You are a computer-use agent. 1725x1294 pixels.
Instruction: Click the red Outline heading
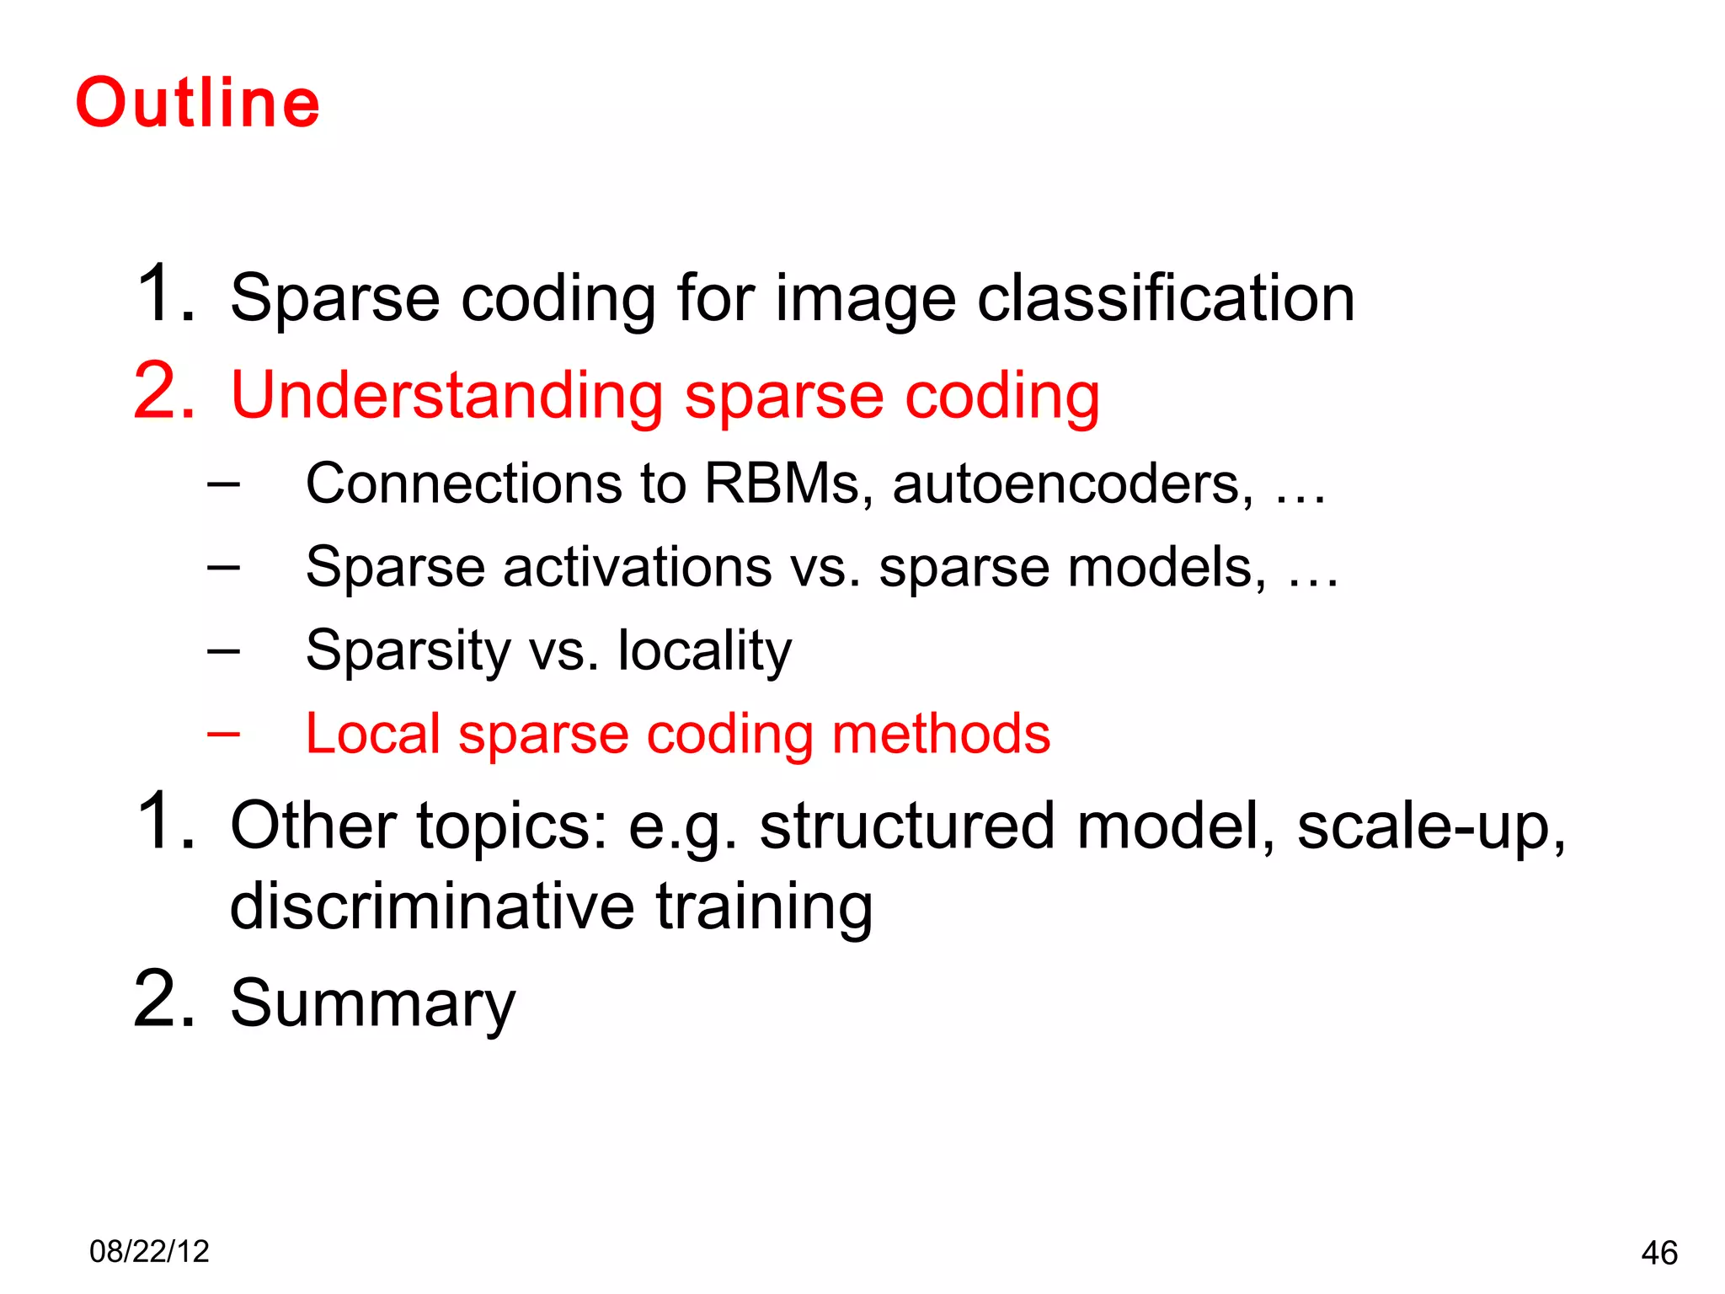point(198,103)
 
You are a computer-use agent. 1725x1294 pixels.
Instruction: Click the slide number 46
point(1658,1253)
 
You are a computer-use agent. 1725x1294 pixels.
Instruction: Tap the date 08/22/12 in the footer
point(149,1251)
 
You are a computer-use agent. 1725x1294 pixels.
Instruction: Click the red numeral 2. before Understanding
point(164,392)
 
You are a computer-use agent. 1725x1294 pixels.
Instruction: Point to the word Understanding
point(446,395)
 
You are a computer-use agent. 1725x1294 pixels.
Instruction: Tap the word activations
point(637,567)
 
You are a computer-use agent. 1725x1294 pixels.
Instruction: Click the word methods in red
point(941,734)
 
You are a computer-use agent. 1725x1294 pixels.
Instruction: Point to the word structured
point(906,826)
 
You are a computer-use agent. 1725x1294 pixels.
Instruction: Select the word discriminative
point(431,906)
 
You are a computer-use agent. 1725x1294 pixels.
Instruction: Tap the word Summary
point(372,1004)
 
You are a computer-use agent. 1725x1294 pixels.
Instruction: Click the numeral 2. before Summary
point(164,1001)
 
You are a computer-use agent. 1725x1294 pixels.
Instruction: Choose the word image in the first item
point(865,300)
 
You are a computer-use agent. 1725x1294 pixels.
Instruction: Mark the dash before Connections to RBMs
point(223,484)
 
